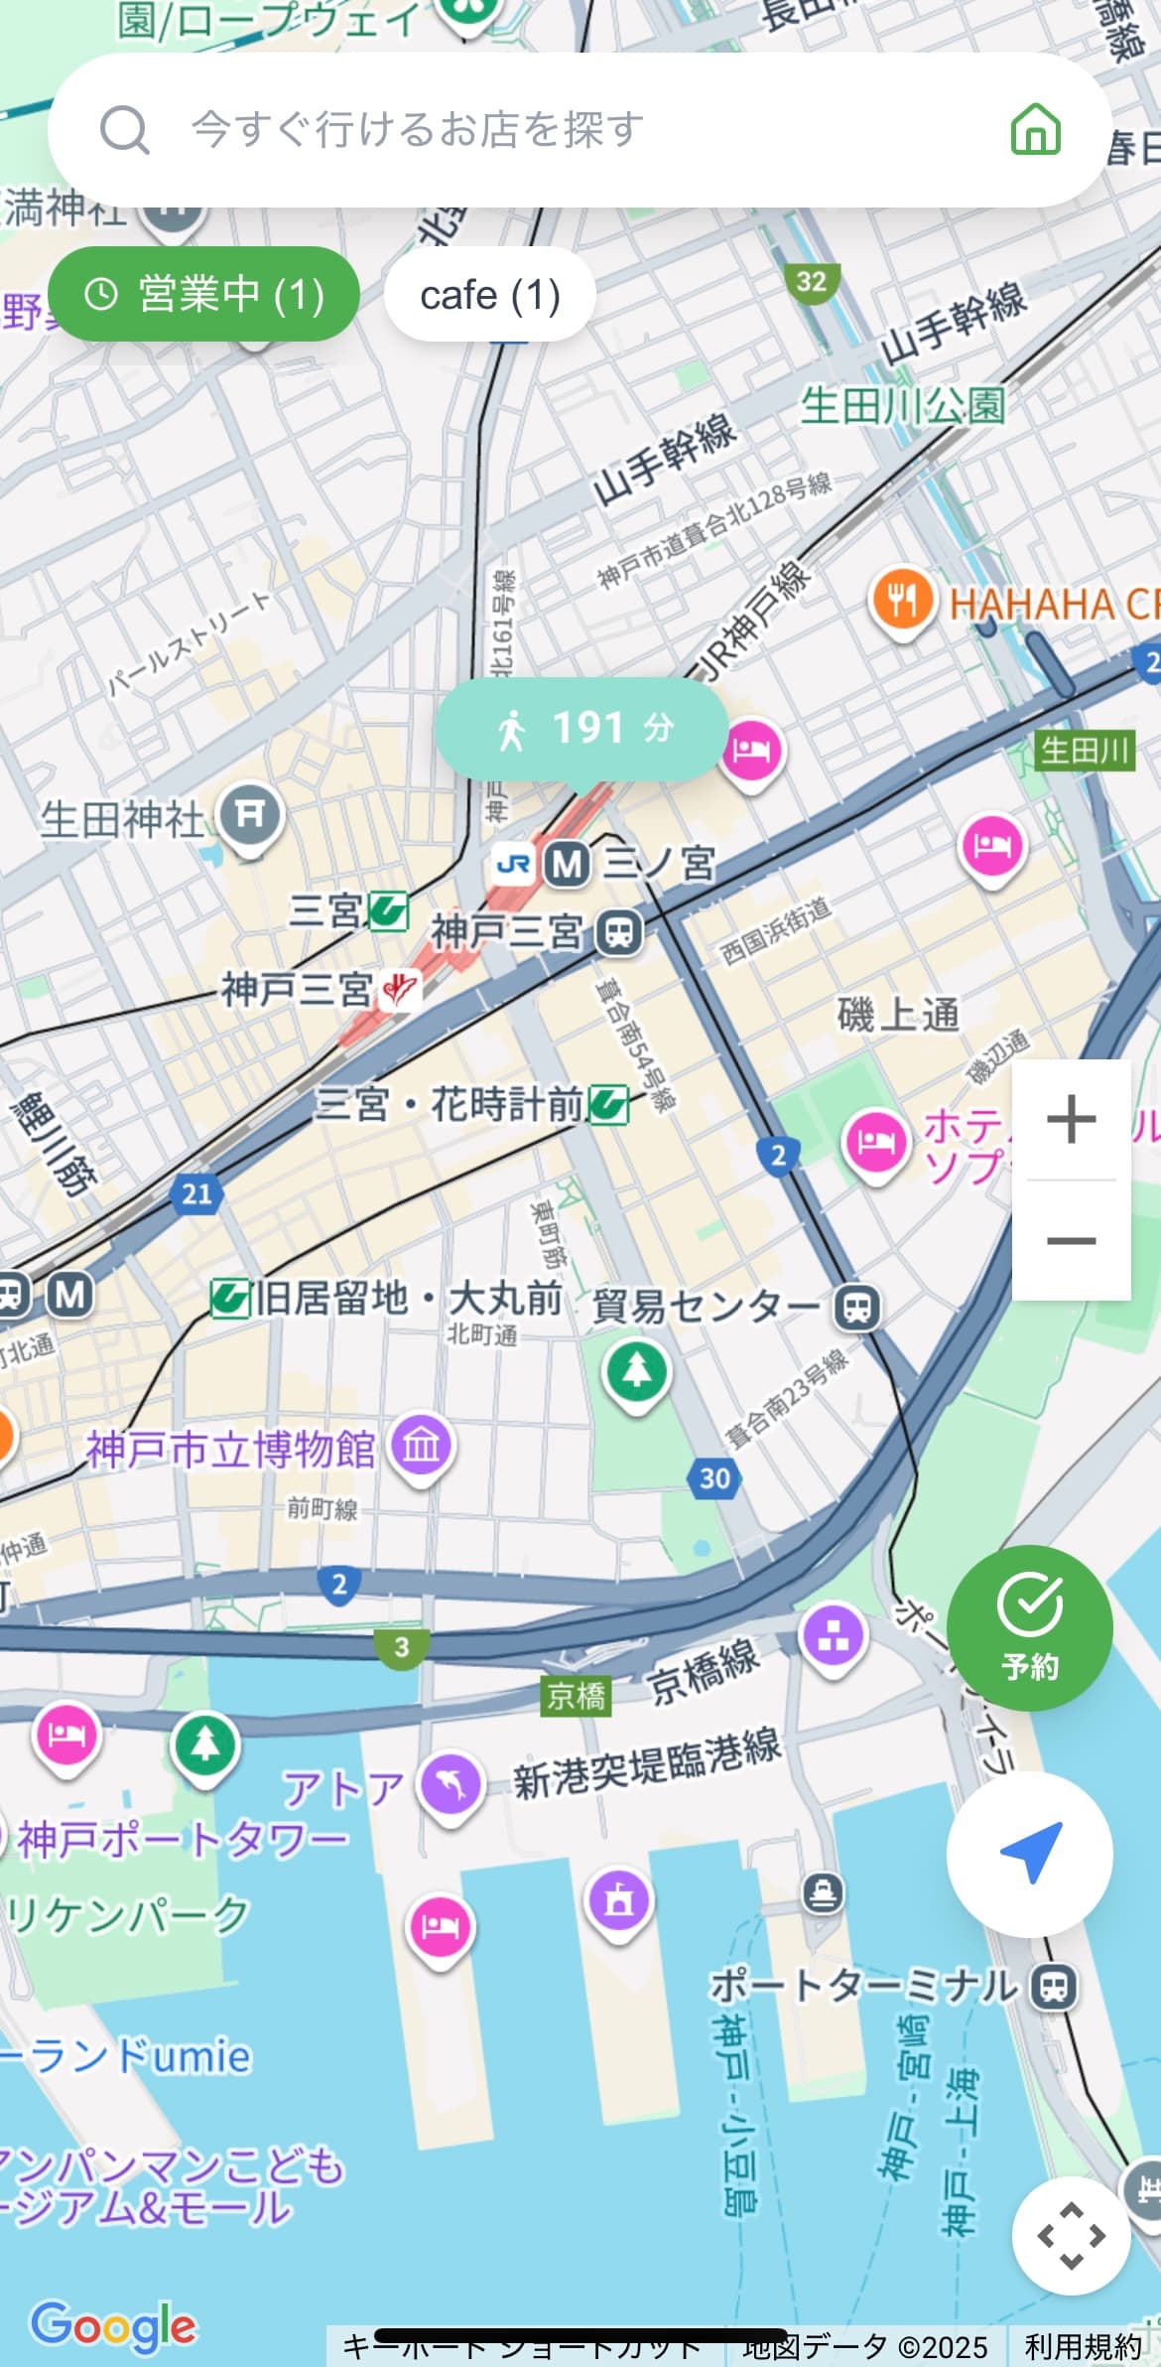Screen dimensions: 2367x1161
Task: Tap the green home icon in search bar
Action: pos(1035,129)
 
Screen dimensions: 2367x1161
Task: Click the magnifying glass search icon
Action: pos(125,130)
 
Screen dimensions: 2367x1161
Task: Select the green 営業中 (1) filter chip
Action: pos(203,294)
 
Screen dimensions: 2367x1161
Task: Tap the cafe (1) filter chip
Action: pos(489,295)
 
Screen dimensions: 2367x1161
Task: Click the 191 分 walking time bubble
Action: pos(582,729)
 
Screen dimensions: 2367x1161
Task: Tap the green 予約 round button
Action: pos(1029,1627)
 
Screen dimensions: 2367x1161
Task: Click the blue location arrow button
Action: pos(1029,1853)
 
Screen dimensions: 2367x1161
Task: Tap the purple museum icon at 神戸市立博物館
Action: pos(421,1445)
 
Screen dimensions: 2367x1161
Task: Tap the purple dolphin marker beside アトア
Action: pos(451,1784)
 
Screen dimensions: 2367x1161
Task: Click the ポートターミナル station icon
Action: pos(1053,1986)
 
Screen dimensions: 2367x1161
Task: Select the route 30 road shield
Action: pos(714,1478)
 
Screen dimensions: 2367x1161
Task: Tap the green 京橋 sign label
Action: pos(576,1695)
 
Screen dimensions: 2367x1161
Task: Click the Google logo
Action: pos(113,2325)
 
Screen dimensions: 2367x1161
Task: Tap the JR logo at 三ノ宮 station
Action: pos(513,864)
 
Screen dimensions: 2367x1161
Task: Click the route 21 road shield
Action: pos(196,1192)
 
